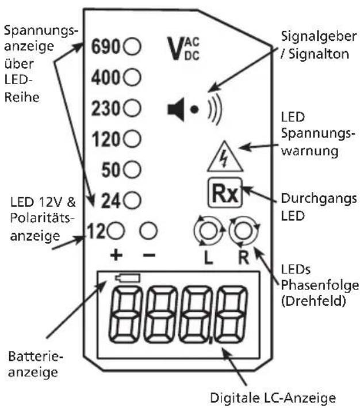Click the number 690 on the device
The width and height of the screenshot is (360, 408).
click(105, 47)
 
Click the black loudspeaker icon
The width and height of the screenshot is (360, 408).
click(176, 109)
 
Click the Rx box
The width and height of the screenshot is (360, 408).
click(225, 193)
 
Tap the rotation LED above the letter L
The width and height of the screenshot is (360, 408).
click(209, 231)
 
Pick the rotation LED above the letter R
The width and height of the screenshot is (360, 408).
click(244, 231)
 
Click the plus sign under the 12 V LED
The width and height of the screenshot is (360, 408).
click(116, 256)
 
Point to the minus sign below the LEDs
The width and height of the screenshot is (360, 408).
click(150, 256)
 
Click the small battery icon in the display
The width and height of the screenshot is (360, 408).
click(128, 278)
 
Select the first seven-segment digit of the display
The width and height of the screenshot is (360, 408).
click(125, 315)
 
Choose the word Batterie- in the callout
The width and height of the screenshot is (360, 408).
click(36, 356)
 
